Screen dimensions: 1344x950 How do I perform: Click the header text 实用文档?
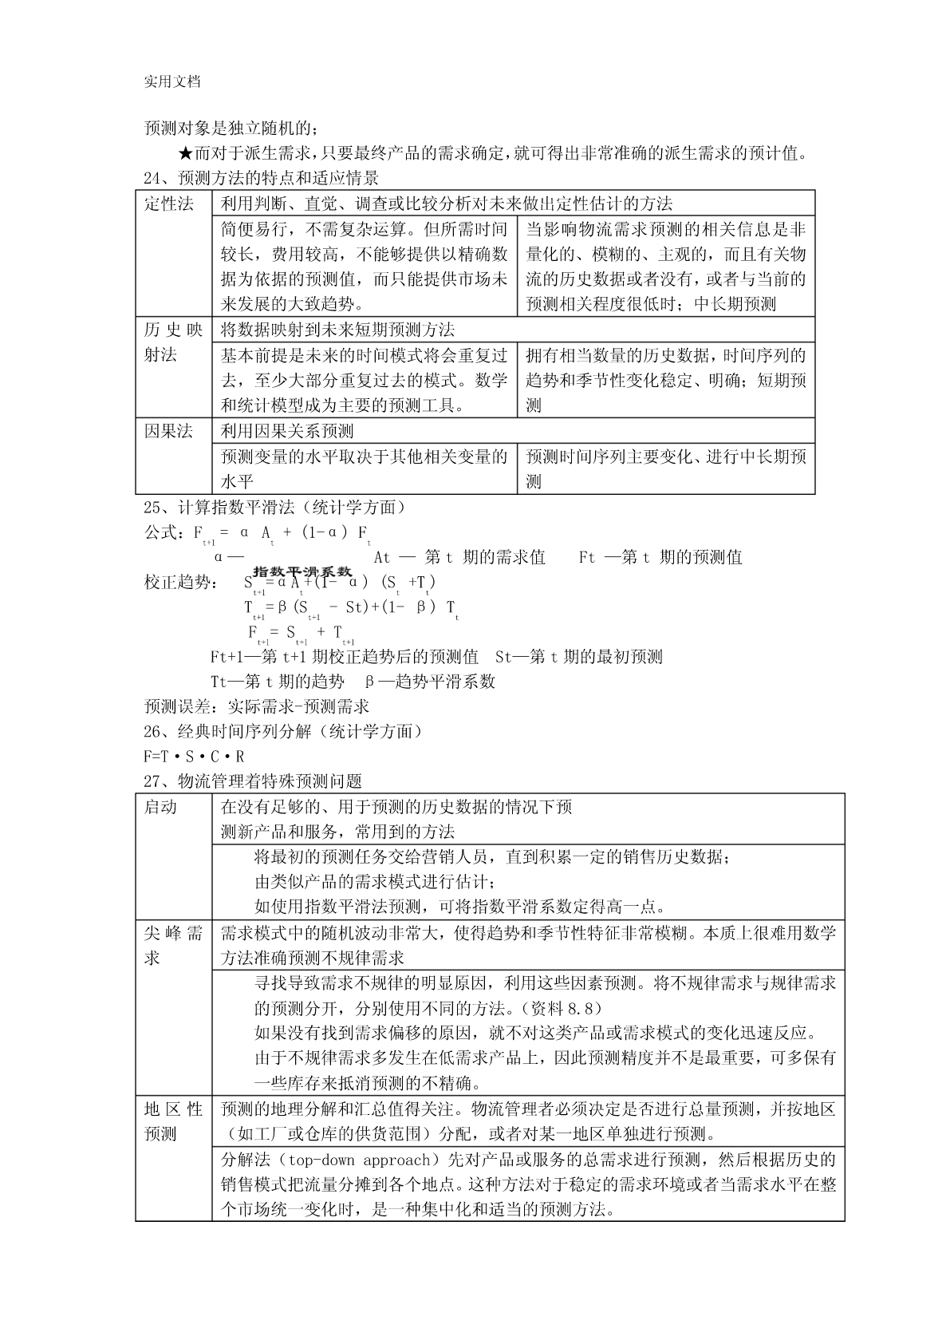pyautogui.click(x=171, y=81)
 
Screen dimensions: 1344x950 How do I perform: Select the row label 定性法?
pyautogui.click(x=169, y=204)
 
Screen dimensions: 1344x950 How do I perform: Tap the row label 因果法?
pyautogui.click(x=169, y=432)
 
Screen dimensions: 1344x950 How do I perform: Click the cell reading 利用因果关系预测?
pyautogui.click(x=287, y=432)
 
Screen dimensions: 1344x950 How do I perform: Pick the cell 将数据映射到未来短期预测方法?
pyautogui.click(x=337, y=330)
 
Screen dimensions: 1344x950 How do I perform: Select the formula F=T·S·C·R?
pyautogui.click(x=194, y=756)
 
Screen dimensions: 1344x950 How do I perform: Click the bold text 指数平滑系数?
pyautogui.click(x=302, y=571)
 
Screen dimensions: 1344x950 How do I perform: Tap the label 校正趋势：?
pyautogui.click(x=179, y=583)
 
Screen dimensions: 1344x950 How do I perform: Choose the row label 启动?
pyautogui.click(x=160, y=807)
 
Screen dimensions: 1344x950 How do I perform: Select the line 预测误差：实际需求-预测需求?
pyautogui.click(x=256, y=706)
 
